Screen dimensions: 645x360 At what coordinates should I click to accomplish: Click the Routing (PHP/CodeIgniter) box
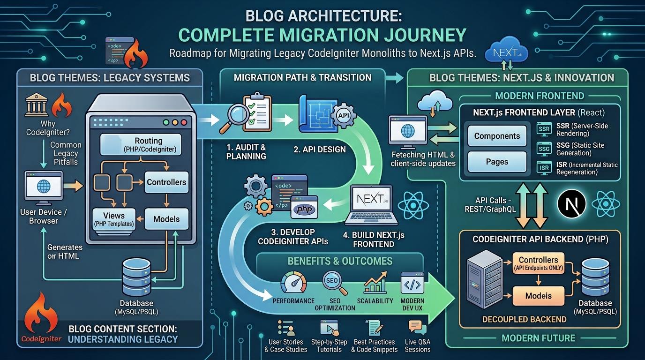pyautogui.click(x=141, y=144)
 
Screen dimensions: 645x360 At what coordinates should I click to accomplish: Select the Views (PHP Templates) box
pyautogui.click(x=114, y=219)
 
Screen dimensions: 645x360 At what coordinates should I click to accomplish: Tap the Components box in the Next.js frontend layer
pyautogui.click(x=497, y=135)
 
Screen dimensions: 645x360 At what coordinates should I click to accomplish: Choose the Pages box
pyautogui.click(x=497, y=162)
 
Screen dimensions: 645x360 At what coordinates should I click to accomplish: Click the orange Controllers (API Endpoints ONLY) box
pyautogui.click(x=539, y=263)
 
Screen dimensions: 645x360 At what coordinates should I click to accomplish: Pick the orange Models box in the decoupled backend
pyautogui.click(x=539, y=296)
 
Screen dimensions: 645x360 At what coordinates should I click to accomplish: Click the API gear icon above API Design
pyautogui.click(x=343, y=115)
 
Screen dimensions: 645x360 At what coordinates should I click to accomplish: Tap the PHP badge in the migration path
pyautogui.click(x=305, y=209)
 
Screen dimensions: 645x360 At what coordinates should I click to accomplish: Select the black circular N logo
pyautogui.click(x=571, y=204)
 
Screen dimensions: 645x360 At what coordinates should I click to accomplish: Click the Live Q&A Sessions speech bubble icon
pyautogui.click(x=417, y=328)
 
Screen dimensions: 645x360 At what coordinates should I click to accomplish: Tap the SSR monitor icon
pyautogui.click(x=544, y=129)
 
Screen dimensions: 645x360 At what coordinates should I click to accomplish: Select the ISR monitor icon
pyautogui.click(x=544, y=168)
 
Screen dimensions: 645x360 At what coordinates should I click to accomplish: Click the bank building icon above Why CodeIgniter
pyautogui.click(x=37, y=105)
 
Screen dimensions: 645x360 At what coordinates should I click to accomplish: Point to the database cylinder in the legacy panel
pyautogui.click(x=136, y=277)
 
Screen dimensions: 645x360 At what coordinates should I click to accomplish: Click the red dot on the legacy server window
pyautogui.click(x=184, y=122)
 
